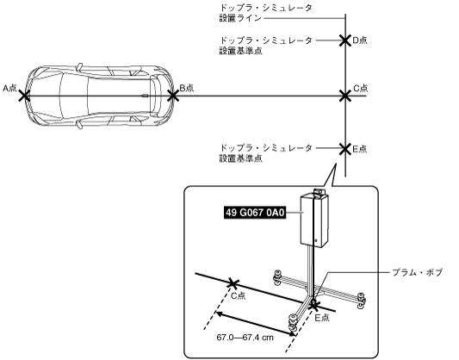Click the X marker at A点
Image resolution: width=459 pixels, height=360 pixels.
[24, 96]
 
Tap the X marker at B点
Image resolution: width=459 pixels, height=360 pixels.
[173, 96]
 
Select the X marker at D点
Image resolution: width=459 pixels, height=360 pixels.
[345, 40]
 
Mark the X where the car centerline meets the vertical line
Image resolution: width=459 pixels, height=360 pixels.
[345, 96]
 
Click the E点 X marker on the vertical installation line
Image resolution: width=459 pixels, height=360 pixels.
[345, 149]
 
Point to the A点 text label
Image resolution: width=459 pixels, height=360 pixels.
[9, 88]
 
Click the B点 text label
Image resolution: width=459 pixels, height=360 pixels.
[187, 88]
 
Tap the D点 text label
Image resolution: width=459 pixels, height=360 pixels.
[360, 40]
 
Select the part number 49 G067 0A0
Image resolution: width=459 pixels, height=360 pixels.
[255, 213]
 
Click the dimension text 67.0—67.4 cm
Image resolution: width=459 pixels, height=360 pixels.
[245, 338]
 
